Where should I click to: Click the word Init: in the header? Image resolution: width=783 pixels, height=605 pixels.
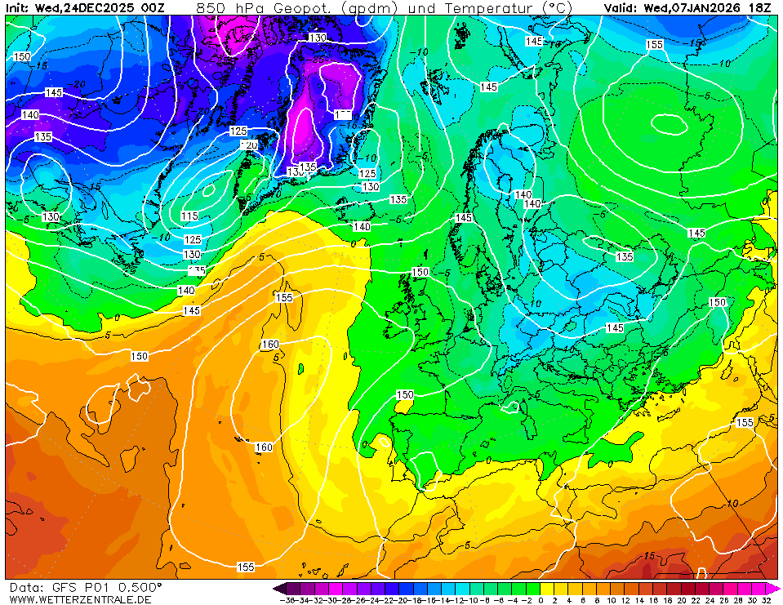point(19,7)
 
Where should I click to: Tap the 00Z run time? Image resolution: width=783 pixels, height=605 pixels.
point(153,7)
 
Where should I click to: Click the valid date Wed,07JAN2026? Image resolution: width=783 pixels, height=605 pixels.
point(694,7)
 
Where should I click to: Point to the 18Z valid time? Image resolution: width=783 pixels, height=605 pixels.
point(761,7)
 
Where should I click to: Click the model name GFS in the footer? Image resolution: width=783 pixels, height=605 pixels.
point(65,587)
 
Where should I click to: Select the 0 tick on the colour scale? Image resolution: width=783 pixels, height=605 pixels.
point(541,600)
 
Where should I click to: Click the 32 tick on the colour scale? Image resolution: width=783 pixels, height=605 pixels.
point(765,600)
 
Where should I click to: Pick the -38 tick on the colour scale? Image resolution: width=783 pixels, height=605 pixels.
point(286,600)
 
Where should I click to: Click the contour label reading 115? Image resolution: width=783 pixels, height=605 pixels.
point(189,216)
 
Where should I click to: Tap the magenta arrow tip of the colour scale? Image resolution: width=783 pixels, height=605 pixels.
point(775,588)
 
